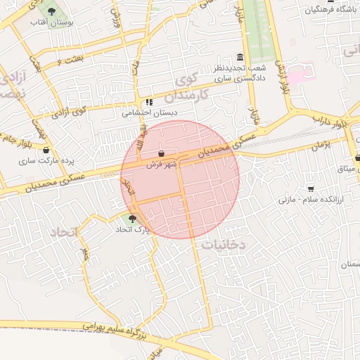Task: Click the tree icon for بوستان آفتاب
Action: point(52,12)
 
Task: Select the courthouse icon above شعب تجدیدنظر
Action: point(240,57)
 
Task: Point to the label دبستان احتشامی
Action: point(150,112)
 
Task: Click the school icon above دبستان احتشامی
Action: point(149,102)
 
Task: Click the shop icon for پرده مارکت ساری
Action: point(46,150)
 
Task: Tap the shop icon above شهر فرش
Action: point(162,153)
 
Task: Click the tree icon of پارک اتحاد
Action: point(132,219)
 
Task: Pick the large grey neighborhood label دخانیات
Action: point(223,244)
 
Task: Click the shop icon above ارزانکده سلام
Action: point(311,188)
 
